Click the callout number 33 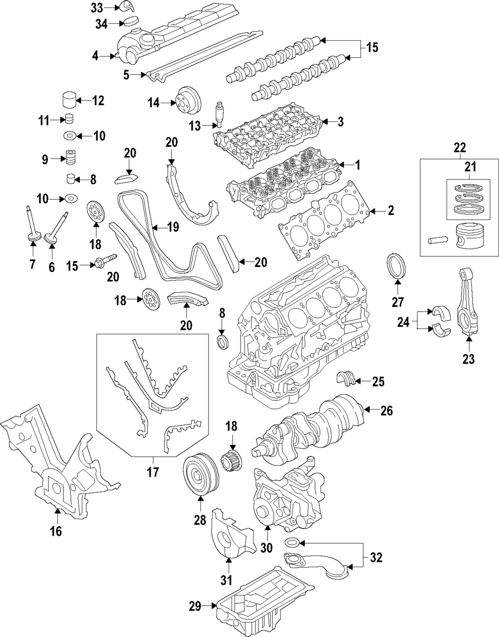coord(97,7)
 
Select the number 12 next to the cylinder coord(98,101)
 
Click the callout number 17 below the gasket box coord(153,471)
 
